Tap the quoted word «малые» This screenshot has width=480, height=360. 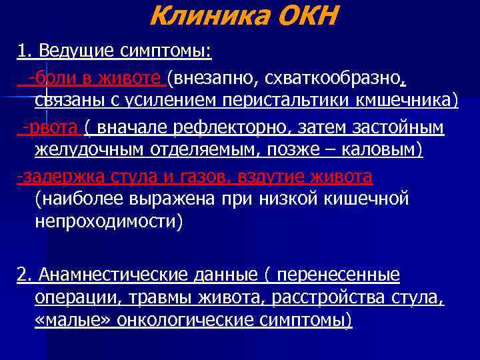[x=73, y=321]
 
